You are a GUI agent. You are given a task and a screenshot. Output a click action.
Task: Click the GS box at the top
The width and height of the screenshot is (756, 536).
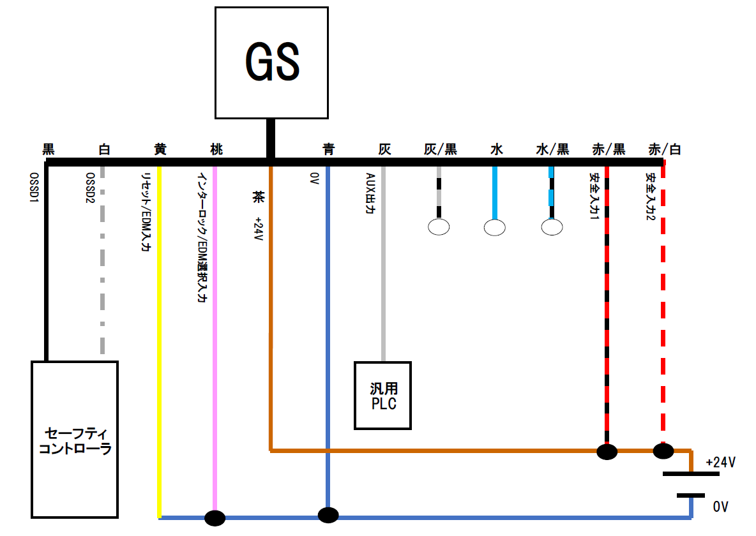[x=272, y=63]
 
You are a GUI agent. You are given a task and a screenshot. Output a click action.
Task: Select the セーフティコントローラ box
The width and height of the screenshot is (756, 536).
[x=75, y=439]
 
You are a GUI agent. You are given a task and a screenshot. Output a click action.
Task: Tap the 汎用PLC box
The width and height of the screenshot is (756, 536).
[x=383, y=396]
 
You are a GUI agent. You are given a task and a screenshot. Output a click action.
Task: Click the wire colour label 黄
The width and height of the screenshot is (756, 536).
[x=160, y=150]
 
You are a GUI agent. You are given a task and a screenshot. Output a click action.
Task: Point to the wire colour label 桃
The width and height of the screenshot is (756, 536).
[x=216, y=150]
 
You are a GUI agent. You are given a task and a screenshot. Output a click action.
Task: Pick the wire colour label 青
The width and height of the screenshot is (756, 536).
[x=328, y=150]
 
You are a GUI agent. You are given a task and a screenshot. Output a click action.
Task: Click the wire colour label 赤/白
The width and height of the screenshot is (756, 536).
[x=665, y=150]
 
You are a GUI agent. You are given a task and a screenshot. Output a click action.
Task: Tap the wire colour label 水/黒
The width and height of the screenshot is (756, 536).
[x=552, y=150]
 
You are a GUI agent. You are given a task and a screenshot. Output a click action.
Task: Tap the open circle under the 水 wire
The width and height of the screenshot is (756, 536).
[x=495, y=227]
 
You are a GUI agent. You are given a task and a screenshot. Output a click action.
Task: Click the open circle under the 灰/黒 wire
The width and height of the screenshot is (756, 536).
[x=439, y=226]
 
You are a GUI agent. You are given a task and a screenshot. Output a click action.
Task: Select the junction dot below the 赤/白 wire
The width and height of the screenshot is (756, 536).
[x=663, y=452]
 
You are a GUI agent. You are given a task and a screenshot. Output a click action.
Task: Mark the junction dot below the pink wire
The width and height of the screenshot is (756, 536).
[x=215, y=518]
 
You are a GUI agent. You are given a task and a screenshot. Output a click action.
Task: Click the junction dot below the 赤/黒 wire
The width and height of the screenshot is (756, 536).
[x=607, y=452]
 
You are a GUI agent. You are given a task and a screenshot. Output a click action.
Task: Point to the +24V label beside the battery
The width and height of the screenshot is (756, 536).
[x=721, y=462]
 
